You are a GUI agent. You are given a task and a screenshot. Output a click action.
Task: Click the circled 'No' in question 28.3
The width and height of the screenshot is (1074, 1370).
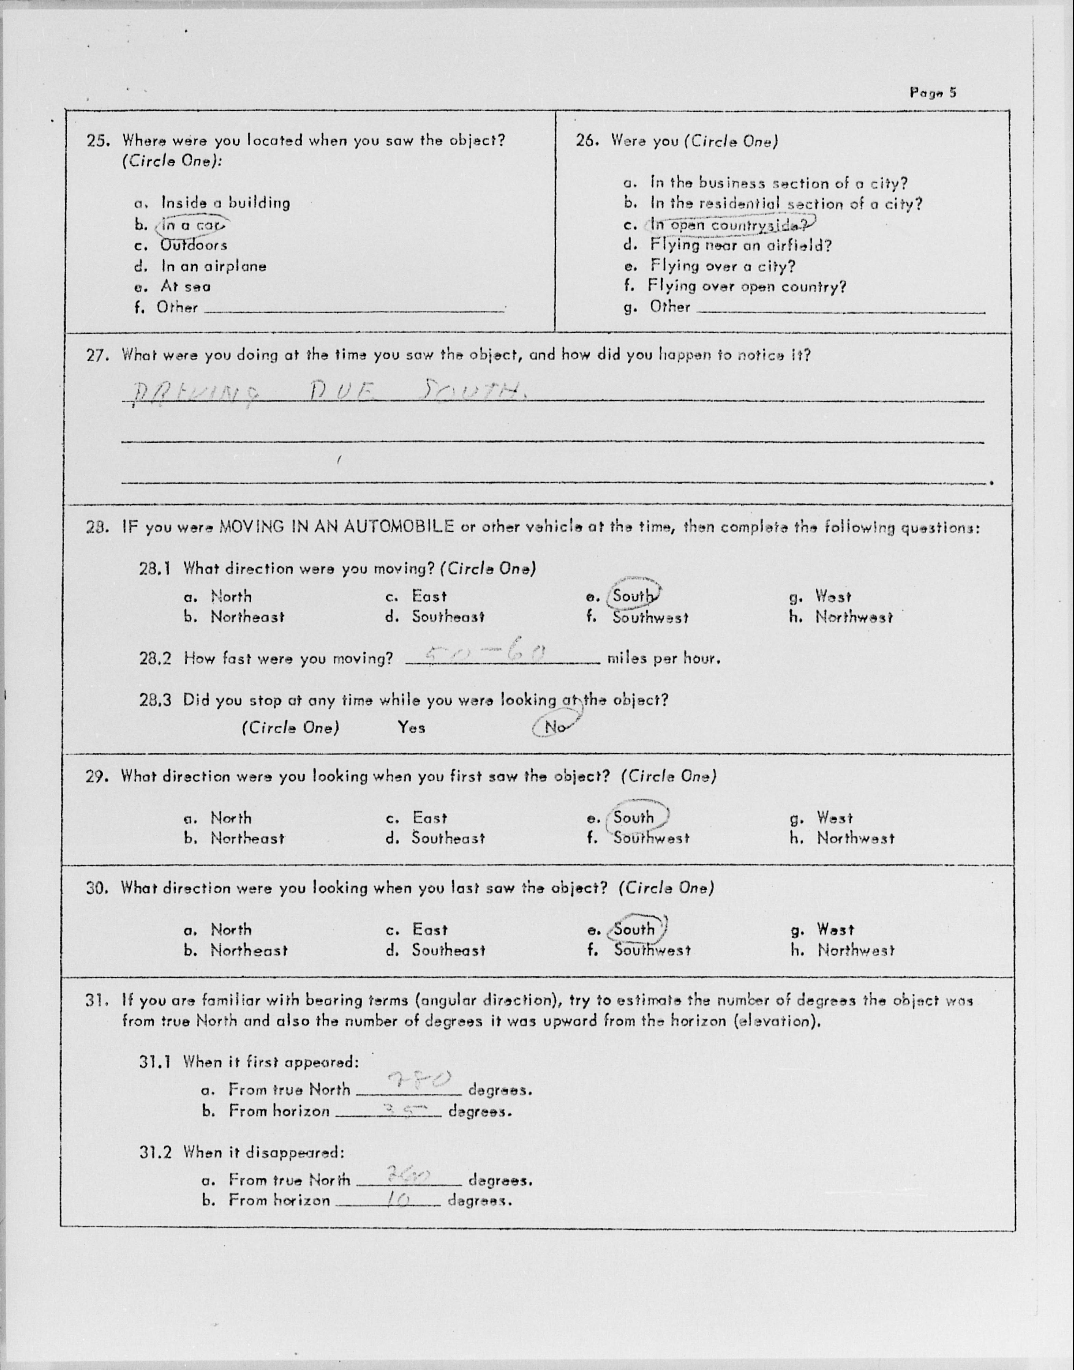point(555,727)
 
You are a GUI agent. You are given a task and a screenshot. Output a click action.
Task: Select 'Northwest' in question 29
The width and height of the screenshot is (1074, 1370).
point(855,838)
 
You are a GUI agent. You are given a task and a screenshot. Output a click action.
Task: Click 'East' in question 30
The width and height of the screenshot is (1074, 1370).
point(430,929)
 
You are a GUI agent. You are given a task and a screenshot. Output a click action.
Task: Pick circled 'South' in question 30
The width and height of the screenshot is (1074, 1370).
point(635,929)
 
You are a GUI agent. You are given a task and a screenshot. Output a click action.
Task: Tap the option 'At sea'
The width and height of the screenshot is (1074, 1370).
point(186,287)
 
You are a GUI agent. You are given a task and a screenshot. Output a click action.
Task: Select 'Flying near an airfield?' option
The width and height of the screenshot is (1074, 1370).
point(741,245)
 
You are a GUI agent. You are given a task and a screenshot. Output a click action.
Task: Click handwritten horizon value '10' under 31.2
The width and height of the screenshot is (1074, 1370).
point(397,1199)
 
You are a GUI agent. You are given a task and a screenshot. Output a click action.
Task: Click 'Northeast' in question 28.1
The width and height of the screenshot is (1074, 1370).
point(247,617)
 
